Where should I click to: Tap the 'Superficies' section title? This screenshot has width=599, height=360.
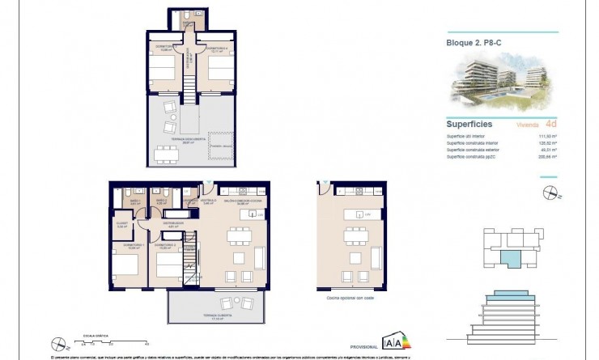(470, 125)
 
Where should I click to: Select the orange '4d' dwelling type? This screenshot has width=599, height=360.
(550, 125)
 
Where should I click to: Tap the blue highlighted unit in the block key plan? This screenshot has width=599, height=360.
(512, 258)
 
